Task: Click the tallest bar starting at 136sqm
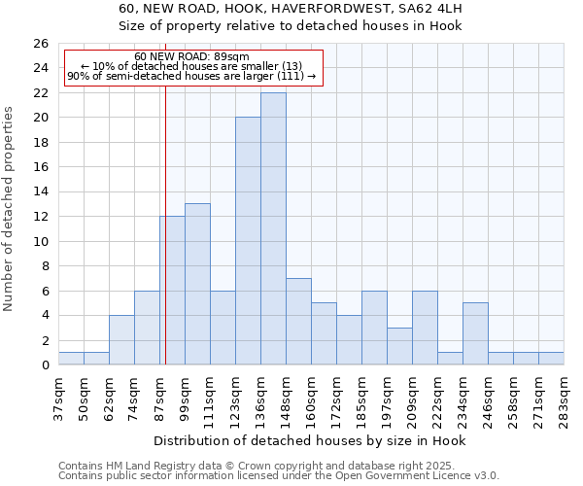[x=273, y=228]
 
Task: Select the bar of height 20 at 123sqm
[x=248, y=241]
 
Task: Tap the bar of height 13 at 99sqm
[x=197, y=284]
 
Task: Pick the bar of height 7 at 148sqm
[x=298, y=322]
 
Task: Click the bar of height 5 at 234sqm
[x=475, y=333]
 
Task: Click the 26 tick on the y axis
[x=40, y=44]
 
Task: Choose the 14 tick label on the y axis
[x=40, y=192]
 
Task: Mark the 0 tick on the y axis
[x=44, y=365]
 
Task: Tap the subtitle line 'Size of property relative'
[x=291, y=25]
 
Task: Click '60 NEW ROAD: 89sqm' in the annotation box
[x=191, y=56]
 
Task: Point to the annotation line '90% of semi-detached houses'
[x=191, y=76]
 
